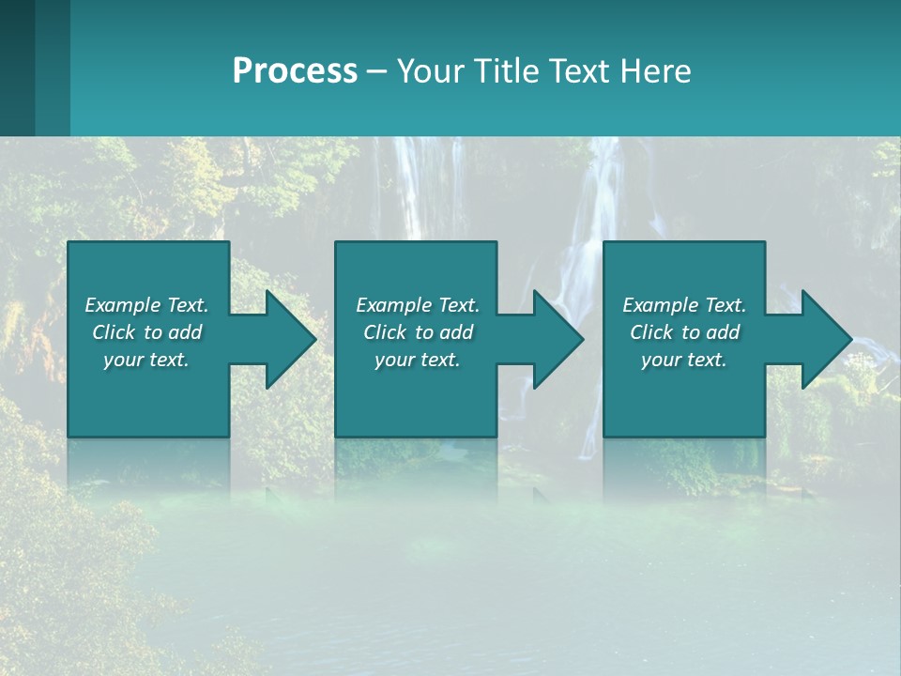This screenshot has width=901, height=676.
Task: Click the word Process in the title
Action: pyautogui.click(x=295, y=71)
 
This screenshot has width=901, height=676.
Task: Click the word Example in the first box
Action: pyautogui.click(x=123, y=305)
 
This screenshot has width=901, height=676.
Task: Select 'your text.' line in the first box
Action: pyautogui.click(x=146, y=360)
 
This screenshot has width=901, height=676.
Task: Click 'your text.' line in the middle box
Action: pyautogui.click(x=418, y=360)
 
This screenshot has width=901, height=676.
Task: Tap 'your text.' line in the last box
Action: pyautogui.click(x=684, y=360)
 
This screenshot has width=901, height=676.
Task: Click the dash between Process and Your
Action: pyautogui.click(x=377, y=72)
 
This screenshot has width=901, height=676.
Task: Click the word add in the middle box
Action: pyautogui.click(x=456, y=332)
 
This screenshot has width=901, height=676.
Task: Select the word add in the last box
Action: pyautogui.click(x=723, y=332)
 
